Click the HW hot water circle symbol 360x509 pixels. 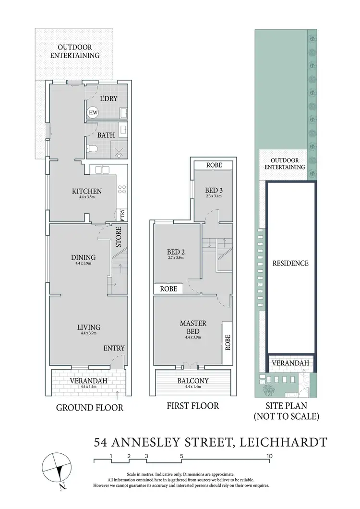pos(93,113)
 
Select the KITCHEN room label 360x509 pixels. pos(84,191)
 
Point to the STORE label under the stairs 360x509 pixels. pos(119,236)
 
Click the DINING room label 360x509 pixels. pos(83,257)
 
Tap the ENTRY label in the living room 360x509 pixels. pos(114,348)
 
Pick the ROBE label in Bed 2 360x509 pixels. pos(168,289)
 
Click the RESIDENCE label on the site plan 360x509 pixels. pos(290,263)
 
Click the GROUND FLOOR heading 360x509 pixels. pos(90,408)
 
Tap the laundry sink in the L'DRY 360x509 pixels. pos(123,113)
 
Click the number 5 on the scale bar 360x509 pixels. pos(182,456)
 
